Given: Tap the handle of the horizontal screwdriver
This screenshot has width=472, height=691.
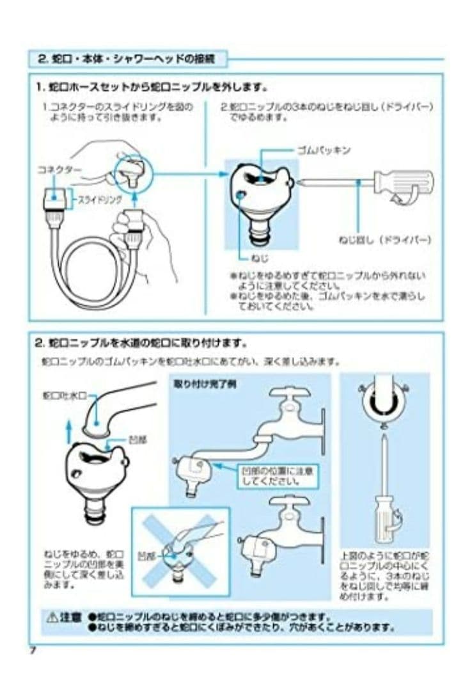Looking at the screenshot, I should pyautogui.click(x=402, y=182).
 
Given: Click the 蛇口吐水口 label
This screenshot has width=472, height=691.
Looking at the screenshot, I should pyautogui.click(x=64, y=395).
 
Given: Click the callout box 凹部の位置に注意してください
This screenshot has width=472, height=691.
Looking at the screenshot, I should pyautogui.click(x=276, y=475).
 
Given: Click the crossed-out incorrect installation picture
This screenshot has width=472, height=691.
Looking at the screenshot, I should pyautogui.click(x=180, y=549).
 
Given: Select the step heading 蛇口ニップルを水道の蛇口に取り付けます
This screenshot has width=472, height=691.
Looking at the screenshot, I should pyautogui.click(x=141, y=343).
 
